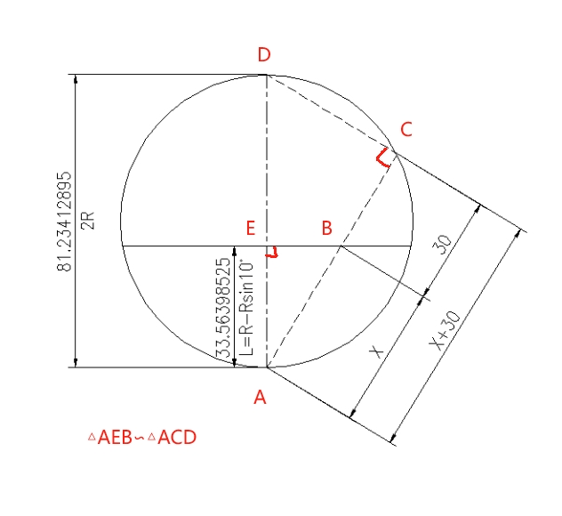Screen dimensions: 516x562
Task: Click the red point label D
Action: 264,56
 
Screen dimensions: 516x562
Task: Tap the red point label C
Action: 405,130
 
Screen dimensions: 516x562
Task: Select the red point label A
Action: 260,398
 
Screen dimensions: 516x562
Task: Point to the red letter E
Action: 251,229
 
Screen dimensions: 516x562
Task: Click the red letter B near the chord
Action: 326,229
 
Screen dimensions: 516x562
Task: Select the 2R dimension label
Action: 87,221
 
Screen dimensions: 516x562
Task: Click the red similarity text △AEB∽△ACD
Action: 141,437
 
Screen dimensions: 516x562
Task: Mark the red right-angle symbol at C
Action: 381,157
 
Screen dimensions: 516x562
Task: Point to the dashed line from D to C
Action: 329,111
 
